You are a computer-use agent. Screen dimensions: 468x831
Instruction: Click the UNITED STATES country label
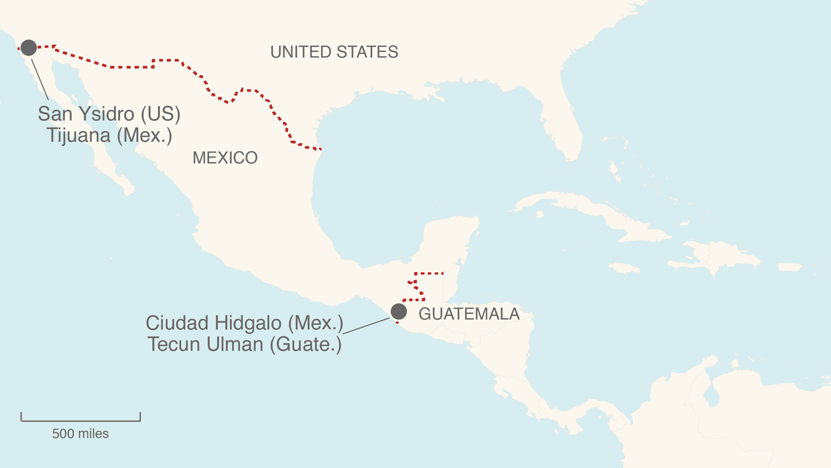coord(334,52)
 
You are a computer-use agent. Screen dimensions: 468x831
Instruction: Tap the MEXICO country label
coord(225,158)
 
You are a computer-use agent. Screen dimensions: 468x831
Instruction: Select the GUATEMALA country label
coord(469,314)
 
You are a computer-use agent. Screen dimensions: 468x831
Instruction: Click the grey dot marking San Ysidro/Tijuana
coord(29,48)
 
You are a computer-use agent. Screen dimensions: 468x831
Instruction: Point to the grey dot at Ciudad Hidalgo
coord(399,312)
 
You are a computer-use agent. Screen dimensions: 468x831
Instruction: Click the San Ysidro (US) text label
coord(109,114)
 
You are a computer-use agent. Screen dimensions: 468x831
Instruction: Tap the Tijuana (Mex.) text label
coord(109,135)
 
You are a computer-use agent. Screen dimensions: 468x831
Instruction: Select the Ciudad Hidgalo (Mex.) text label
coord(244,323)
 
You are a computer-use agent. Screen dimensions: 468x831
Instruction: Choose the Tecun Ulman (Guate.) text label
coord(244,344)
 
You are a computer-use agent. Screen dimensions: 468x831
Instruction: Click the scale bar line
coord(80,421)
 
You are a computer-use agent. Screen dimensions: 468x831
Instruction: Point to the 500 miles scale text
coord(80,434)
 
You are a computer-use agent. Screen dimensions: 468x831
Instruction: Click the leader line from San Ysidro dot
coord(40,80)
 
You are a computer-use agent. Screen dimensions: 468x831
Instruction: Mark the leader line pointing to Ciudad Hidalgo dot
coord(366,326)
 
